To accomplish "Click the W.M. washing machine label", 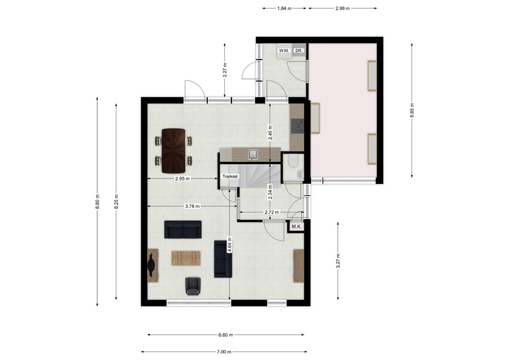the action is [x=284, y=51].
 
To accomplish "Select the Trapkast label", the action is [x=230, y=176].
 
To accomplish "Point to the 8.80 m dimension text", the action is [x=98, y=202].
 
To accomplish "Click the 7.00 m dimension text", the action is [x=224, y=351].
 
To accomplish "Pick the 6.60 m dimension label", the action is [x=226, y=335].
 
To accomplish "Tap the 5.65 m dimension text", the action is [x=412, y=111].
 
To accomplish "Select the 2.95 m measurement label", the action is [x=183, y=178].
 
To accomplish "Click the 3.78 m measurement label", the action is [x=192, y=206].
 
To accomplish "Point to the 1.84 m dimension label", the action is [x=284, y=9].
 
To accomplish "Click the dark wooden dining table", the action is [x=174, y=151].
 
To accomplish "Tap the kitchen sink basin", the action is [x=253, y=155].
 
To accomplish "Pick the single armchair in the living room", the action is [x=193, y=286].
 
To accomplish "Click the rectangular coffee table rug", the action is [x=186, y=258].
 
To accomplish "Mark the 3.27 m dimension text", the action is [x=338, y=261].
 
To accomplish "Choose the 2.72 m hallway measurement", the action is [x=272, y=212].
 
